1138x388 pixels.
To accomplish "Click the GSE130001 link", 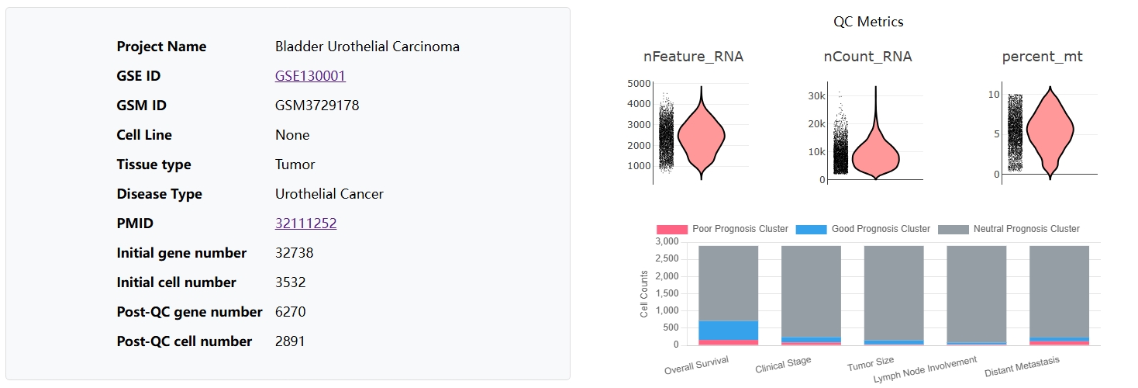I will pos(310,76).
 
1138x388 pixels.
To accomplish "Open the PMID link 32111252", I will pos(305,223).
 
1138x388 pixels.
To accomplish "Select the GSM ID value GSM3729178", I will pos(316,106).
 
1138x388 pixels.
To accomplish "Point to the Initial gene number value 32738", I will pos(294,253).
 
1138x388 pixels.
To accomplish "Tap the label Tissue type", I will pos(153,165).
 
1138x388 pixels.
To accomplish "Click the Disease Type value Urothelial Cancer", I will pos(329,194).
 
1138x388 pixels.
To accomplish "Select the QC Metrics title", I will pos(868,22).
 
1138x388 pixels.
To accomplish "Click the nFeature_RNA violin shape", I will pos(701,136).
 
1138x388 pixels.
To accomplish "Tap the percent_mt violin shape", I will pos(1050,128).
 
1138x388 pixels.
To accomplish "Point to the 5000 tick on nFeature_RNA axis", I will pos(640,84).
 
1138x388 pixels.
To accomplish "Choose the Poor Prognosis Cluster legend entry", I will pos(722,229).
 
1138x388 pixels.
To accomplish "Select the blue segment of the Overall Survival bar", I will pos(728,330).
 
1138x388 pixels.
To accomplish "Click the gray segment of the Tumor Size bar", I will pos(894,292).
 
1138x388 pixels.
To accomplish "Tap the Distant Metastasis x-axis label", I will pos(1023,367).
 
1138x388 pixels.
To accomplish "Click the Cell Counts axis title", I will pos(644,294).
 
